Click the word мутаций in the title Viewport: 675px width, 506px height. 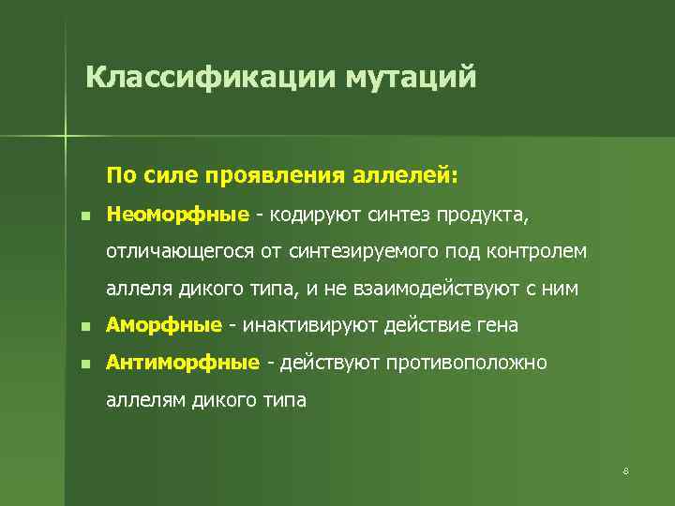coord(411,76)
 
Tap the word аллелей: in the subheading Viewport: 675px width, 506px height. coord(406,175)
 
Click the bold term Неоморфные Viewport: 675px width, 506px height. coord(177,216)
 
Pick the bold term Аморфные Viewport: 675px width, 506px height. coord(164,325)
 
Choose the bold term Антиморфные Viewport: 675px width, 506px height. coord(183,362)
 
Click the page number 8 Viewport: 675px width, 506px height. coord(624,469)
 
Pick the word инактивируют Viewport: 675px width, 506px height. coord(303,325)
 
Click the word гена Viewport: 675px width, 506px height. coord(498,325)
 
